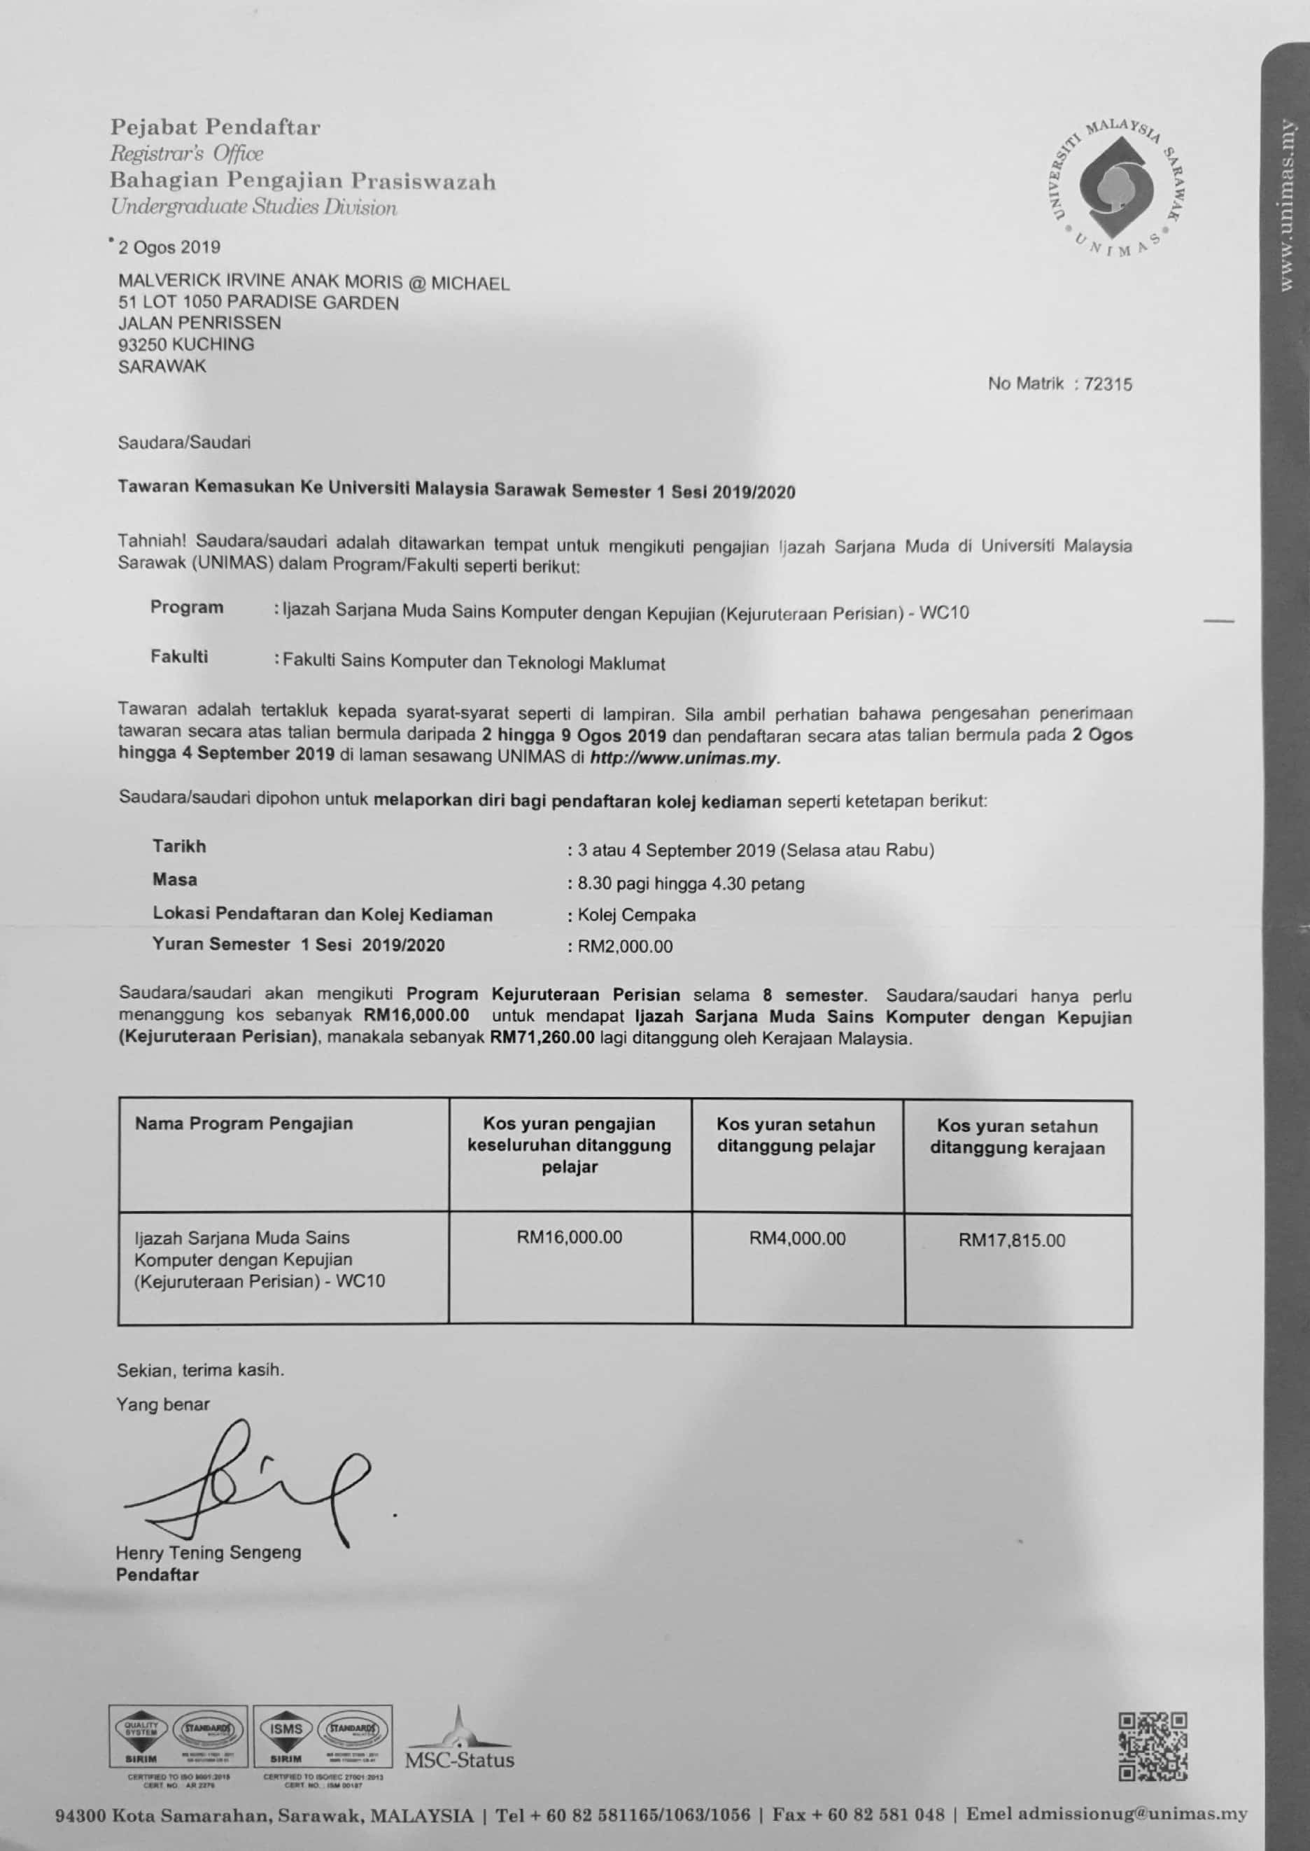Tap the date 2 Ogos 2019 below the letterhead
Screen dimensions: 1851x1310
169,247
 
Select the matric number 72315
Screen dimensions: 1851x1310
1108,384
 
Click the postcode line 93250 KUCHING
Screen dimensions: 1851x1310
186,344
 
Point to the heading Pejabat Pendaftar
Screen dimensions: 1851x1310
216,127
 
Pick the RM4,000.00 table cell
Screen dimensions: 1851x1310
797,1238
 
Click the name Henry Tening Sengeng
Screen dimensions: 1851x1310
208,1553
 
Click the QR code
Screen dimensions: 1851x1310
1153,1746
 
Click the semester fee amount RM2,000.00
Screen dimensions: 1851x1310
624,947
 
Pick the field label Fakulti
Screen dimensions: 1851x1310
179,657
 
